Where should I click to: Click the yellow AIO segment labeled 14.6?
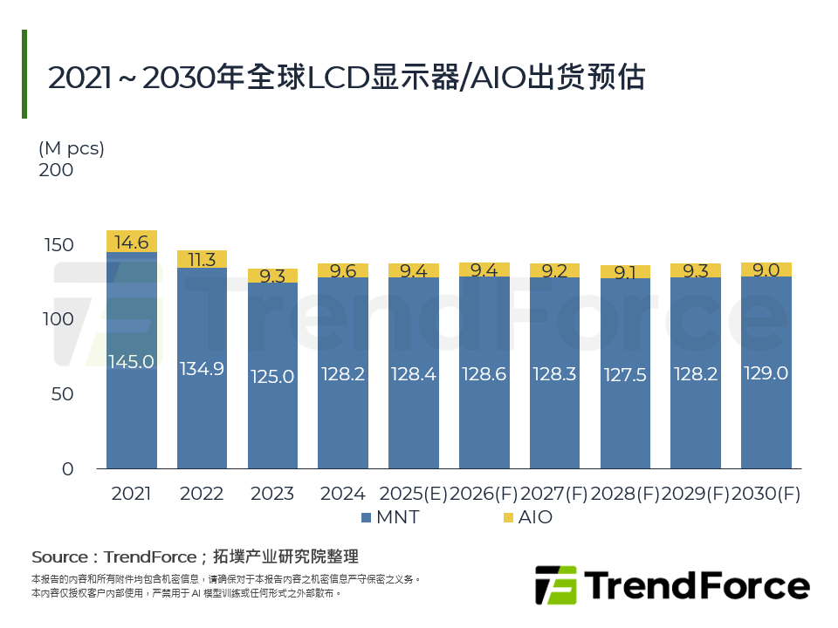132,242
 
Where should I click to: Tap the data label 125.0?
272,377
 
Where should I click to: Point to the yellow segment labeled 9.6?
343,270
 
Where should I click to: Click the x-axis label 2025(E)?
413,494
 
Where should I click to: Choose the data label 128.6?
484,374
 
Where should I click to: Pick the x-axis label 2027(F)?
554,494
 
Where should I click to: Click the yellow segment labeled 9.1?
625,272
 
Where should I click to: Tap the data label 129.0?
766,373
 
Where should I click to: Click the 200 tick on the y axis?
57,170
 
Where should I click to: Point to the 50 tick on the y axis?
61,394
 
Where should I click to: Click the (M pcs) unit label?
72,148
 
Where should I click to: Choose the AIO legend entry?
527,517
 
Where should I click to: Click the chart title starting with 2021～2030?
346,78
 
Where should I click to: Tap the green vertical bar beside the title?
24,74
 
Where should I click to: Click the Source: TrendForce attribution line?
195,556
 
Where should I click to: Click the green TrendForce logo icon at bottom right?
556,584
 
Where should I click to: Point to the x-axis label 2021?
132,494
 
